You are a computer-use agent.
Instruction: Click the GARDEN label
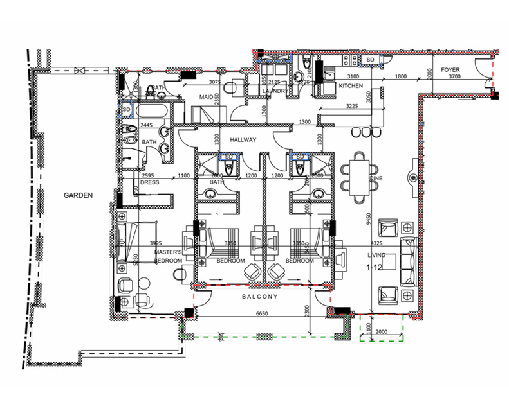(x=78, y=195)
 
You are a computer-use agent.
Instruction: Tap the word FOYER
(x=449, y=69)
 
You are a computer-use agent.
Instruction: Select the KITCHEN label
(x=351, y=85)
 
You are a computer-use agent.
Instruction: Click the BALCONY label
(x=260, y=297)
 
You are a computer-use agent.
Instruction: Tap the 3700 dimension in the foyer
(x=455, y=77)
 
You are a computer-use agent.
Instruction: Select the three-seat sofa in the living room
(x=409, y=261)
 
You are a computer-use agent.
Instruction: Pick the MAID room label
(x=206, y=98)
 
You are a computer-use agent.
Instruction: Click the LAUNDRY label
(x=274, y=91)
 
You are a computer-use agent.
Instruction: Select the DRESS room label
(x=149, y=182)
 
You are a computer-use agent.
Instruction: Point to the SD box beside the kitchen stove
(x=371, y=60)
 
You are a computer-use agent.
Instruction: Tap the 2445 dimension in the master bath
(x=147, y=125)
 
